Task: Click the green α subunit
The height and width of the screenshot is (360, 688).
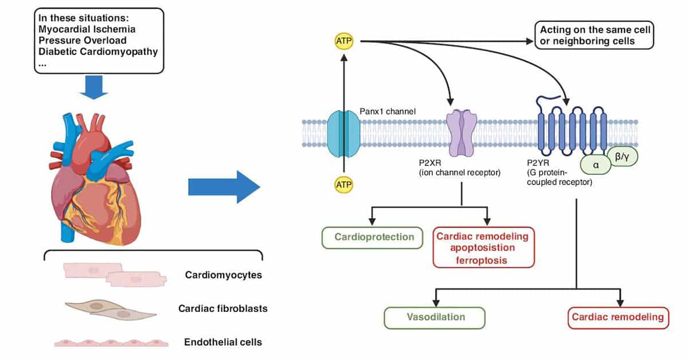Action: pyautogui.click(x=595, y=163)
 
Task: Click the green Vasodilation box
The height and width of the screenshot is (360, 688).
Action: pyautogui.click(x=435, y=316)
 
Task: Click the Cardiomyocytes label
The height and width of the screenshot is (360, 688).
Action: pyautogui.click(x=223, y=275)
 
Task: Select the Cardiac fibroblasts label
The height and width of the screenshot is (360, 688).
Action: pyautogui.click(x=223, y=308)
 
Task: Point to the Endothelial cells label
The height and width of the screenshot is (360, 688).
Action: pyautogui.click(x=223, y=342)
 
